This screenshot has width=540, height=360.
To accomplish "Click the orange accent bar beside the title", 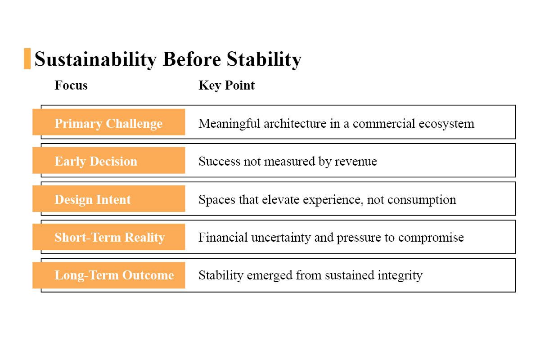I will tap(27, 58).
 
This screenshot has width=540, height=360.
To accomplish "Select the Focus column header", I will tap(71, 85).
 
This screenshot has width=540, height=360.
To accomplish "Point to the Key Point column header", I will tap(226, 85).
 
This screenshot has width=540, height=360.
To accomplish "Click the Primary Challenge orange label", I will tap(108, 123).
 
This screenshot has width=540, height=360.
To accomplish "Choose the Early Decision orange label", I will tap(108, 161).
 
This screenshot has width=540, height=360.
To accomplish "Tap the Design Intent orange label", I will tap(108, 199).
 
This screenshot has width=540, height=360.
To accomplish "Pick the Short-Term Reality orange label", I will tap(108, 237).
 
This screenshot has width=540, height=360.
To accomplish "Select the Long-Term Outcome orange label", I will tap(108, 275).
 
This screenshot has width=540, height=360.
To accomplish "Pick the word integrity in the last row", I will tap(400, 275).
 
